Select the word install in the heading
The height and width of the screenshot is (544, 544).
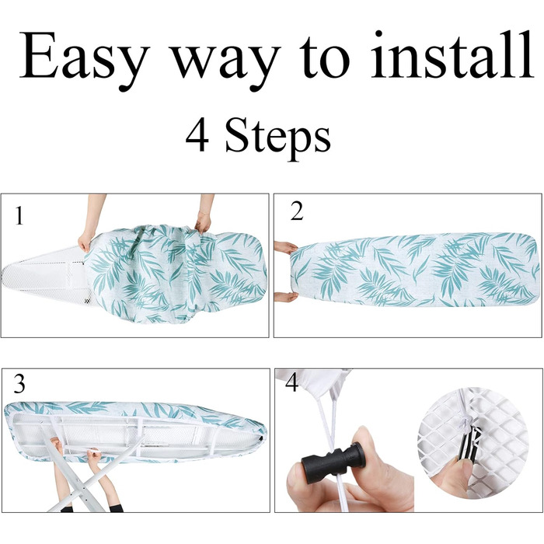coord(452,54)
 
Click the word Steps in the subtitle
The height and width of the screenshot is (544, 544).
coord(277,138)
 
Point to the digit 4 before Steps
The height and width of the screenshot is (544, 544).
coord(197,134)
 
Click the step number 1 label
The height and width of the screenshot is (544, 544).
coord(19,215)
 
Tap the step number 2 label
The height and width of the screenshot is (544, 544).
coord(297,211)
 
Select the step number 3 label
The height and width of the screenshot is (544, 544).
coord(19,384)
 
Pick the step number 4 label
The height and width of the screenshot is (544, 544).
coord(291,383)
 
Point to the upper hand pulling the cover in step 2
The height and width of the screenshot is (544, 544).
coord(285,247)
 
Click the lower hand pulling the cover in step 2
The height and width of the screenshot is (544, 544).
coord(285,297)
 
